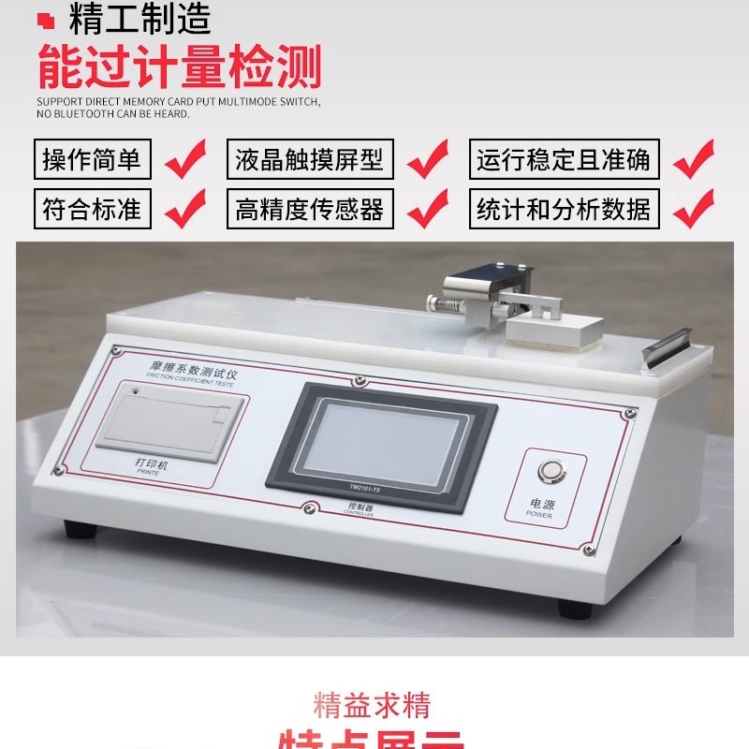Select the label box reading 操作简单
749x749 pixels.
point(92,160)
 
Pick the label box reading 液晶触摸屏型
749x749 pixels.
point(310,160)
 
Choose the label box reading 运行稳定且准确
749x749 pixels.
point(563,160)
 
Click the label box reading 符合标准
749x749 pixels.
point(92,209)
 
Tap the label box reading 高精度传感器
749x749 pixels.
point(310,209)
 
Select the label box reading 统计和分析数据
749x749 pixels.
point(563,209)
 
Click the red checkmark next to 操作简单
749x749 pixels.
point(184,159)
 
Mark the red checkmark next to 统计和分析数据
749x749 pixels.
point(693,207)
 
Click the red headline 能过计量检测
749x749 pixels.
point(179,67)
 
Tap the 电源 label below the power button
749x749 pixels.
point(542,505)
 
